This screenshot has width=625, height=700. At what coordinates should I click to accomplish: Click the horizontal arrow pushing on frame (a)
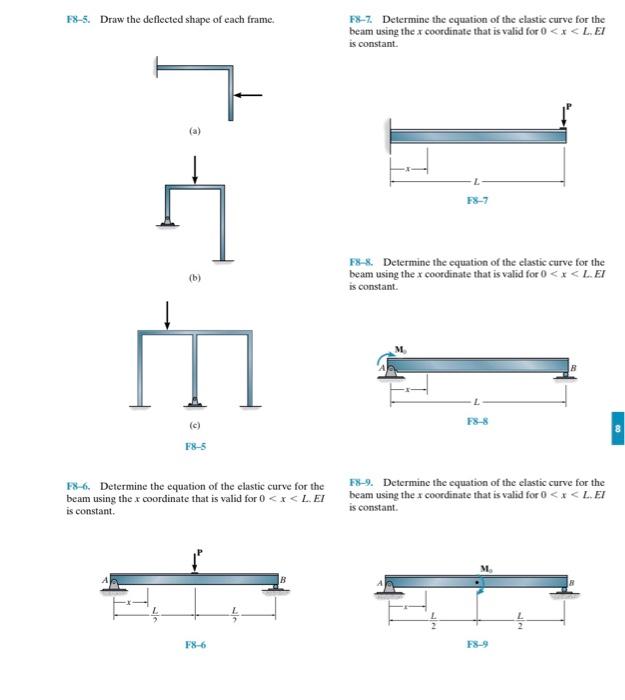(x=249, y=95)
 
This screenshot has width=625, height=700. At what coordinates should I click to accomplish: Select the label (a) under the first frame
(x=195, y=131)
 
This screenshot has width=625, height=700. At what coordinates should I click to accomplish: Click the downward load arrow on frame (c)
(x=167, y=313)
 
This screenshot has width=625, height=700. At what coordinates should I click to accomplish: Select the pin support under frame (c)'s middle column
(x=195, y=402)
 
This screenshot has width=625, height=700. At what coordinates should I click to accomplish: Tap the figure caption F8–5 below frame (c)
(x=195, y=446)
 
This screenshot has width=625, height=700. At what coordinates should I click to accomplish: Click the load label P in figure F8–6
(x=199, y=551)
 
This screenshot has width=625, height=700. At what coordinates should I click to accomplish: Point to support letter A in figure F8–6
(x=102, y=579)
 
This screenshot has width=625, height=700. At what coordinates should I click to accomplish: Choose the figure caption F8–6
(x=195, y=645)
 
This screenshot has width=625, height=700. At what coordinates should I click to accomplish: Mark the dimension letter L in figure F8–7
(x=477, y=181)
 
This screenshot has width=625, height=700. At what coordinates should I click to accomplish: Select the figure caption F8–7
(x=477, y=200)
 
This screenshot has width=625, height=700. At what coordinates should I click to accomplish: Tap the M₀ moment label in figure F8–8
(x=400, y=349)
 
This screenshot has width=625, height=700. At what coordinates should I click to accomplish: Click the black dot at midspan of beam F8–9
(x=477, y=581)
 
